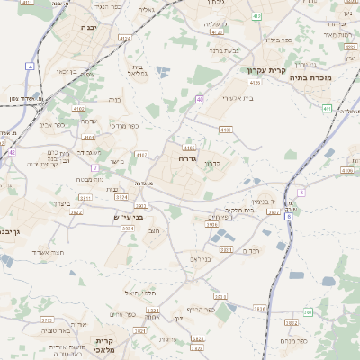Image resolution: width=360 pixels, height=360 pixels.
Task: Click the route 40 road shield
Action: pyautogui.click(x=200, y=99)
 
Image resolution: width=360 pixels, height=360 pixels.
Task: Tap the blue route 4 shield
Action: pyautogui.click(x=30, y=67)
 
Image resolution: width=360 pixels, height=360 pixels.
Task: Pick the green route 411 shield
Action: pyautogui.click(x=326, y=108)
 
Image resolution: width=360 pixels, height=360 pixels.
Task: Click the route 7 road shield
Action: pyautogui.click(x=94, y=167)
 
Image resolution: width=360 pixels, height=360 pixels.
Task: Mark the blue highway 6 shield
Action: pyautogui.click(x=288, y=217)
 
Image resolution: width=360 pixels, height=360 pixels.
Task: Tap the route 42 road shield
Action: pyautogui.click(x=13, y=152)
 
